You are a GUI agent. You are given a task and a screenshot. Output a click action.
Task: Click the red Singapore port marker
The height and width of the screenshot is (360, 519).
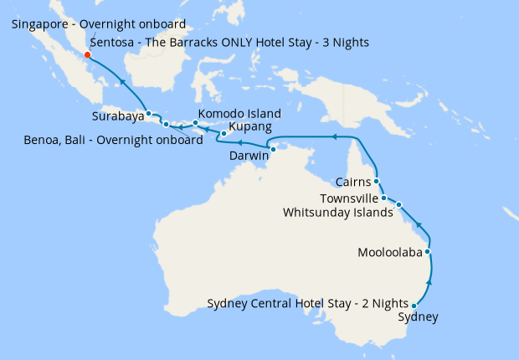coord(88,57)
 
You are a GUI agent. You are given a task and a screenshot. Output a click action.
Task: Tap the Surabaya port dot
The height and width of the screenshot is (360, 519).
coord(148,113)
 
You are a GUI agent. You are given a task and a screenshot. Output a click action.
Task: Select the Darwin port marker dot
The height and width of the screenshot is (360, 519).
coord(274,149)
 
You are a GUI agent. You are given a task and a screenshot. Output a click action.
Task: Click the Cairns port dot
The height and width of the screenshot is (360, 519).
coord(377,181)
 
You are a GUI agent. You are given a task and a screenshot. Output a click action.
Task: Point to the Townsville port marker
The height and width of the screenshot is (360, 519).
coord(383,198)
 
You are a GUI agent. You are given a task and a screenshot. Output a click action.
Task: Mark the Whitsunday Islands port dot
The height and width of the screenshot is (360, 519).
coord(399,204)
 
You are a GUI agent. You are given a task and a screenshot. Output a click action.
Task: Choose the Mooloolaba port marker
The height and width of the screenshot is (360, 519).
coord(428,251)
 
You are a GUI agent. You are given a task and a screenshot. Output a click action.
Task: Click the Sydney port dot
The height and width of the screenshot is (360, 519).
coord(414,306)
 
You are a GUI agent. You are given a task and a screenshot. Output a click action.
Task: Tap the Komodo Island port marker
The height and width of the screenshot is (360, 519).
coord(195,123)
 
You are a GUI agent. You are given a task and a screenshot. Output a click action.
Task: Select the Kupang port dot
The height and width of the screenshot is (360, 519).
coord(224,134)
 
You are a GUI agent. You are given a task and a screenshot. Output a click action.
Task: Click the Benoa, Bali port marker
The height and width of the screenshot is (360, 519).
coord(166,125)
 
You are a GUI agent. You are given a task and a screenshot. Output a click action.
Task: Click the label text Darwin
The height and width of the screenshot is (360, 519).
coord(249,157)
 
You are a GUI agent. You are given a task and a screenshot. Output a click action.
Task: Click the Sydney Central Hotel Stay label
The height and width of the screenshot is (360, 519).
coord(307,303)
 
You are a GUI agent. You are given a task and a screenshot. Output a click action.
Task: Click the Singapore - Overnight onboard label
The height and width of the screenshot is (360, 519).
coord(99,24)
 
